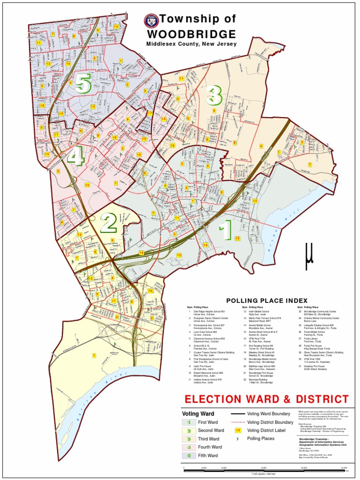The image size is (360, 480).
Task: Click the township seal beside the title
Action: [x=151, y=20]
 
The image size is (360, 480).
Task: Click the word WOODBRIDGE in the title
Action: [x=191, y=34]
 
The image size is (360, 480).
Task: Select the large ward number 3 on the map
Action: [x=213, y=95]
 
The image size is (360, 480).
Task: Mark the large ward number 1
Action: [x=225, y=231]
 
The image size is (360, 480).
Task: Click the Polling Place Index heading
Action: [x=267, y=300]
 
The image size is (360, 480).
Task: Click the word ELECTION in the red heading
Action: [x=211, y=399]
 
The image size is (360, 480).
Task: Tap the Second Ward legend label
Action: [x=211, y=430]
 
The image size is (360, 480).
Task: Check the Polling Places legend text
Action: [x=261, y=439]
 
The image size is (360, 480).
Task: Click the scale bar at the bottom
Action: [x=265, y=468]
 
